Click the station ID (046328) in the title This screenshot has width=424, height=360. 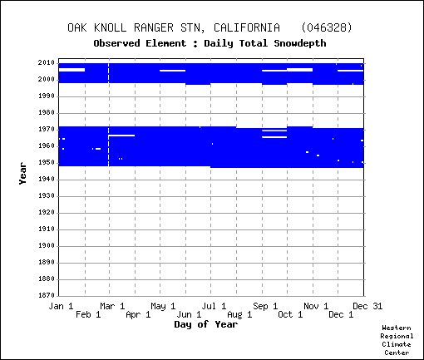click(327, 27)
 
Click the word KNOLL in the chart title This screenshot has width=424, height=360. click(110, 27)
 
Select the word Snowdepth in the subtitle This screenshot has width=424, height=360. click(300, 43)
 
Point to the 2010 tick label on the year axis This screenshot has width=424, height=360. click(47, 63)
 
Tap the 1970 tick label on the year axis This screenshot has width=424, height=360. click(47, 130)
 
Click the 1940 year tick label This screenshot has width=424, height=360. click(47, 180)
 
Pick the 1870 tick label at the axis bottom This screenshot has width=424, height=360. click(47, 295)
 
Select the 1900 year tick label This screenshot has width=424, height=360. click(47, 246)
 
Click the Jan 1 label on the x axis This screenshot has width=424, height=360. click(61, 306)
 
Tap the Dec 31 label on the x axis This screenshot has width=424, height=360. click(367, 306)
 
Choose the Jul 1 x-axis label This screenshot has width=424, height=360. click(214, 306)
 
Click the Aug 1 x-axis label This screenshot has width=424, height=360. click(239, 315)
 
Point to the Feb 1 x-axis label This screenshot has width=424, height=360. click(88, 315)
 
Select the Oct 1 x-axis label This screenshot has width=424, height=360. click(290, 315)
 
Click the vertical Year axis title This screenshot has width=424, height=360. click(22, 174)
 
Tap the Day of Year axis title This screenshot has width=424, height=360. click(206, 324)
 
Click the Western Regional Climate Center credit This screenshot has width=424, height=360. click(397, 340)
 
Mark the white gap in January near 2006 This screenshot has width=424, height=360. click(71, 70)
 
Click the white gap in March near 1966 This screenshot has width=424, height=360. click(121, 136)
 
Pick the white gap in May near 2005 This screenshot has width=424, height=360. click(172, 71)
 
